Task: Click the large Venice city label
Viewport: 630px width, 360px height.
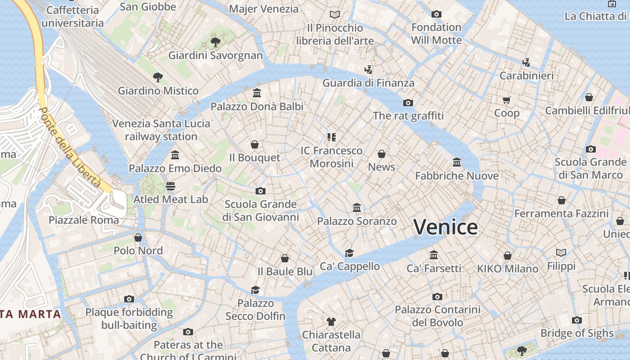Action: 445,227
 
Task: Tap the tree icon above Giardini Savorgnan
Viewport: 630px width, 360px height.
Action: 216,42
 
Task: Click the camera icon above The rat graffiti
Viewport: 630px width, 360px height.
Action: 408,103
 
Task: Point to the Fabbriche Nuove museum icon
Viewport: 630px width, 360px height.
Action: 457,162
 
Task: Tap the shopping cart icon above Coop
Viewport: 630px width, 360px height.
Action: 507,100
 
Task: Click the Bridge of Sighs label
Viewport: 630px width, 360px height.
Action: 577,333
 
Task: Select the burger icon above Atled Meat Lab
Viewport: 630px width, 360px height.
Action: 170,186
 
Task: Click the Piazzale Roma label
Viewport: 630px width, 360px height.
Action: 84,220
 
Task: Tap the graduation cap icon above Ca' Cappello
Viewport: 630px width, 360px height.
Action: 350,253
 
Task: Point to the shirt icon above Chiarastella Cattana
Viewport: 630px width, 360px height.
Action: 331,321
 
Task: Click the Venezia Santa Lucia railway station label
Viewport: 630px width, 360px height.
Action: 161,130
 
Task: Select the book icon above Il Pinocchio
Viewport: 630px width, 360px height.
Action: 335,15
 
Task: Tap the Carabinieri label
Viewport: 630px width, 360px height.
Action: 526,76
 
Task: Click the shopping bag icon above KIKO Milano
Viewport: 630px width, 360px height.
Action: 508,256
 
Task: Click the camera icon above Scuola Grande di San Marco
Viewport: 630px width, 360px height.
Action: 591,149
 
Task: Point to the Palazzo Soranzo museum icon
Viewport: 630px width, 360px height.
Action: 357,208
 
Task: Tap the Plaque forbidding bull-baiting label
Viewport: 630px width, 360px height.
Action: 129,318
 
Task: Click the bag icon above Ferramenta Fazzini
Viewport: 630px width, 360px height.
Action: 562,200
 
